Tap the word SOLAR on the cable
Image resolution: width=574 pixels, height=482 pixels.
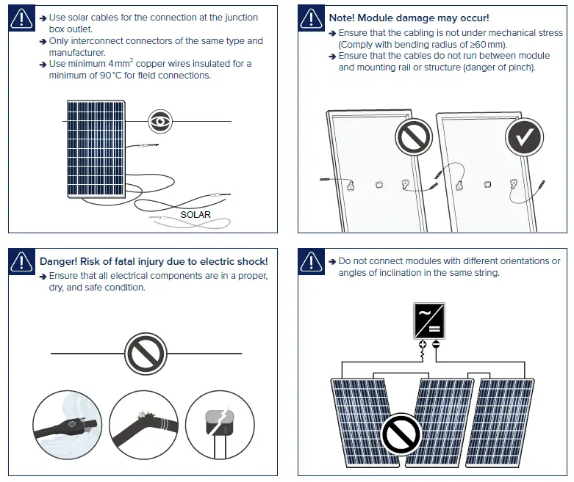point(195,215)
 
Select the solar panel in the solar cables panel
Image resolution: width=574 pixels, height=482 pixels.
point(95,149)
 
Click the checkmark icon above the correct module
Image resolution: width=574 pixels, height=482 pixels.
point(524,136)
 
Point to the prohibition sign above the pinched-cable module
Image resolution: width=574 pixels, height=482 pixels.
point(414,136)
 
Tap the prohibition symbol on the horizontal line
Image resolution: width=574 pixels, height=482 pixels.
point(146,354)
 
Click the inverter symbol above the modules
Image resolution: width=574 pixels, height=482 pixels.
point(428,321)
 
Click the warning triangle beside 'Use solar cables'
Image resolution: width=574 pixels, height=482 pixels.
point(22,20)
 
